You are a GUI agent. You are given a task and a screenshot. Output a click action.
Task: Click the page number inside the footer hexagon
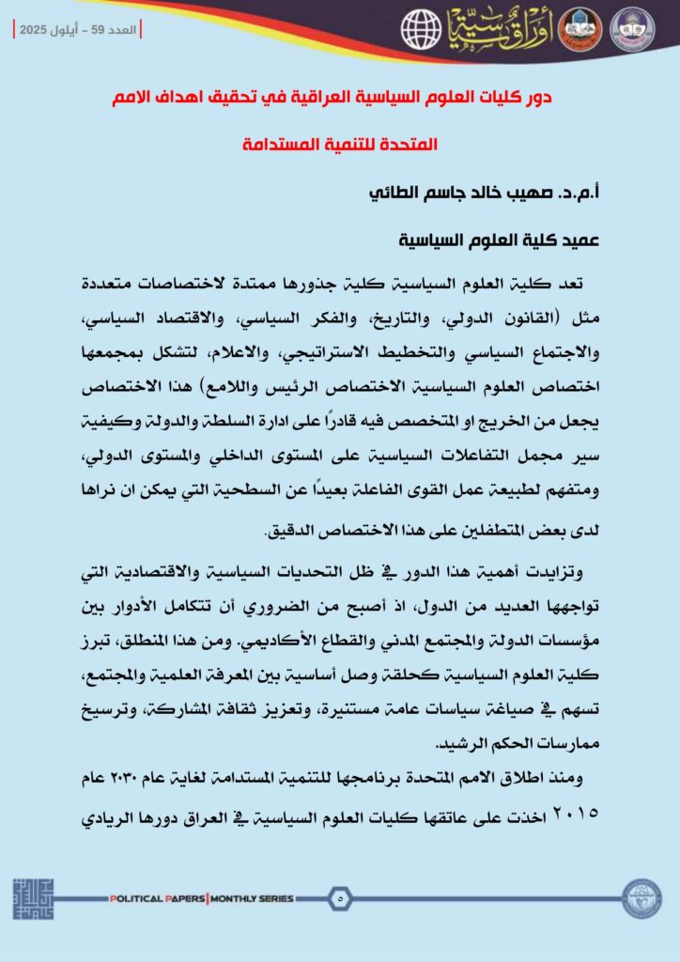[339, 898]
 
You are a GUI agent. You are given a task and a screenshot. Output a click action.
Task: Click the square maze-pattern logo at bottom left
[33, 899]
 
